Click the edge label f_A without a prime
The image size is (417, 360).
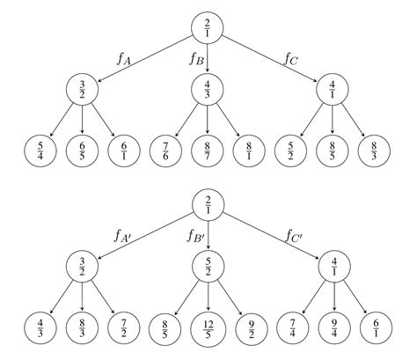click(x=123, y=58)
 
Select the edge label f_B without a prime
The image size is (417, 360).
click(x=197, y=58)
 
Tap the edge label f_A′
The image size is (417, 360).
click(x=123, y=235)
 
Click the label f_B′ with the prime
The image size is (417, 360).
click(x=195, y=235)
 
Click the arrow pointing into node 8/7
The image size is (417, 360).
click(x=208, y=118)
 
